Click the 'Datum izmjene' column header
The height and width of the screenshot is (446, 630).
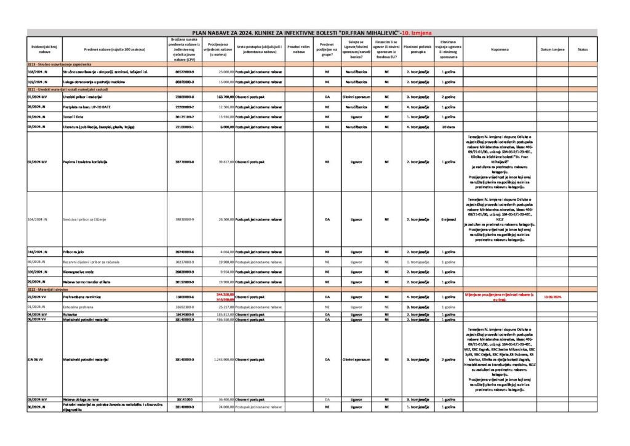(x=552, y=49)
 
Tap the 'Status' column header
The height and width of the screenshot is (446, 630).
(x=583, y=49)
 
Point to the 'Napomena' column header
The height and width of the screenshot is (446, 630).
(x=500, y=49)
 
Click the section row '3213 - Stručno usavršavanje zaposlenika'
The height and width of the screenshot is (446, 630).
(x=59, y=64)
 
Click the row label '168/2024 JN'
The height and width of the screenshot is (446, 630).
(x=38, y=72)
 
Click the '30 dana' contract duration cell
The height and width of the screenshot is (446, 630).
(x=448, y=127)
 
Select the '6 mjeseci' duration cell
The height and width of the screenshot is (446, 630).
(x=448, y=219)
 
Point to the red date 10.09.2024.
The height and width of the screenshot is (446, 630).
(x=552, y=296)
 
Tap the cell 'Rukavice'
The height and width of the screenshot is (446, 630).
(x=72, y=314)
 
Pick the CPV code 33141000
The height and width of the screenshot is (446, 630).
(x=185, y=399)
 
